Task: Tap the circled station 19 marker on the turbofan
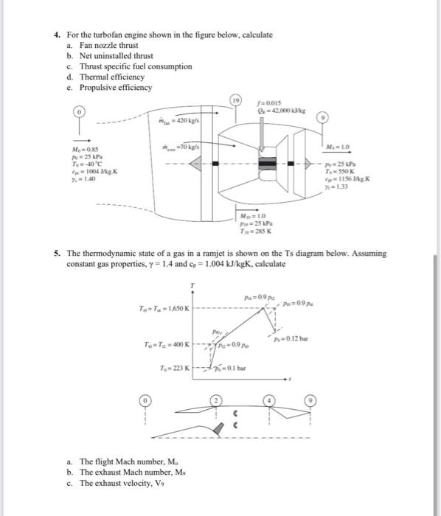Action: tap(235, 100)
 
